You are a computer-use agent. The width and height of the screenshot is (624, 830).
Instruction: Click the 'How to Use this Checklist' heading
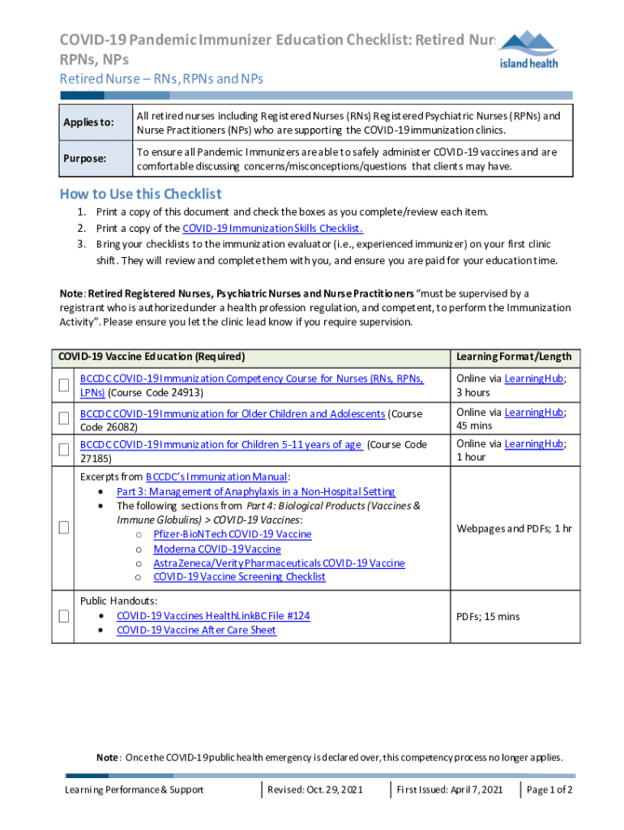(x=140, y=194)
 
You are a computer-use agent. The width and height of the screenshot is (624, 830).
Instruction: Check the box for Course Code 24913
(x=63, y=385)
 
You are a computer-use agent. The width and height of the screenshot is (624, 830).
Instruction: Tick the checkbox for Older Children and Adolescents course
(x=63, y=420)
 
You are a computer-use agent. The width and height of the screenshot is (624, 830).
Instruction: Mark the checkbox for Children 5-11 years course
(x=63, y=450)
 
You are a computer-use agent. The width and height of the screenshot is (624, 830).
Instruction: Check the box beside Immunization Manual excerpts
(x=63, y=528)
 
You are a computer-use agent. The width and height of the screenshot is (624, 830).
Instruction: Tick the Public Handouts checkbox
(x=63, y=616)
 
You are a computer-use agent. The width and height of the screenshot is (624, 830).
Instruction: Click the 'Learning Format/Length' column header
(x=514, y=357)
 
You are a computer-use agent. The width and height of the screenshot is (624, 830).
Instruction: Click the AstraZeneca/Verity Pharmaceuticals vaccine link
(x=279, y=563)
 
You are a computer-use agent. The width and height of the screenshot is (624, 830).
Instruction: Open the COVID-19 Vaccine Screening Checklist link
(x=239, y=577)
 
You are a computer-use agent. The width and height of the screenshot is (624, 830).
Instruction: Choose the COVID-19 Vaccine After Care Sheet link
(x=196, y=630)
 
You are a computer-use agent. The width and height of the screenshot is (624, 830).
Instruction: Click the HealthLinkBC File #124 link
(x=213, y=616)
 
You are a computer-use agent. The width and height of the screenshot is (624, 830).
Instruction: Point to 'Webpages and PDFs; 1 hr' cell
(x=514, y=528)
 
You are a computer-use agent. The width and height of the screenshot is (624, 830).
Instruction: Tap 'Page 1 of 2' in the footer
(x=549, y=789)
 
